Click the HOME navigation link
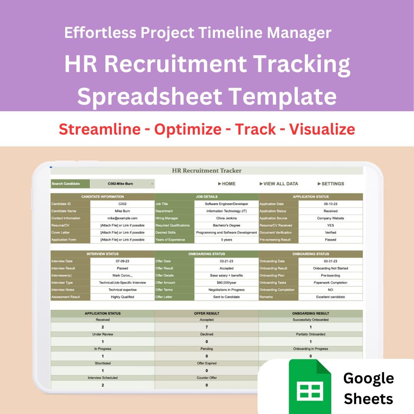227,184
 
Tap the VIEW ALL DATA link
279,184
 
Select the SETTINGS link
331,184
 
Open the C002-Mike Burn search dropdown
122,184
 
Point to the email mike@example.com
122,218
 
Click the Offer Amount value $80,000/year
226,283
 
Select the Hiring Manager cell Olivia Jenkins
226,218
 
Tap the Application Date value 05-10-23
330,204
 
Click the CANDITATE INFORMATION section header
102,197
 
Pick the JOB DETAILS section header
207,197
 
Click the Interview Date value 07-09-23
122,261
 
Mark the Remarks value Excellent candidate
330,297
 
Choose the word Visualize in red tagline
322,129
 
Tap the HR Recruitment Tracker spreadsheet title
207,171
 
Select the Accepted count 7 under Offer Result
207,327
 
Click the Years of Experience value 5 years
226,240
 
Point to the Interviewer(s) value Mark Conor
122,276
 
